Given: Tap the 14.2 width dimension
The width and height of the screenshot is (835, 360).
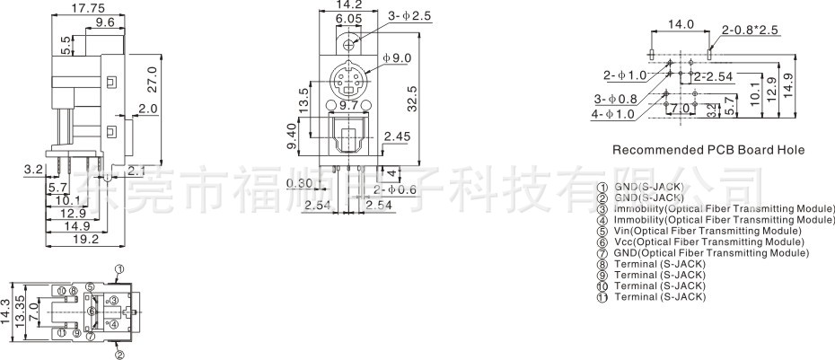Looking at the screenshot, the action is point(348,4).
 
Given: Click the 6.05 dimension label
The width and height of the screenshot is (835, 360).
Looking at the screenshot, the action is point(348,18).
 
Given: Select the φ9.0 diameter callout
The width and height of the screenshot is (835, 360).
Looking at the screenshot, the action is point(396,59).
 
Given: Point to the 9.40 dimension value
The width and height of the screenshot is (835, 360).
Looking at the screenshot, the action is point(292,135).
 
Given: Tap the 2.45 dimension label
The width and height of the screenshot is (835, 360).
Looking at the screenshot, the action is point(396,136).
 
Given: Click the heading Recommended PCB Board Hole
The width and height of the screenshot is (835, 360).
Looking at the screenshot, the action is point(708,150).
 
